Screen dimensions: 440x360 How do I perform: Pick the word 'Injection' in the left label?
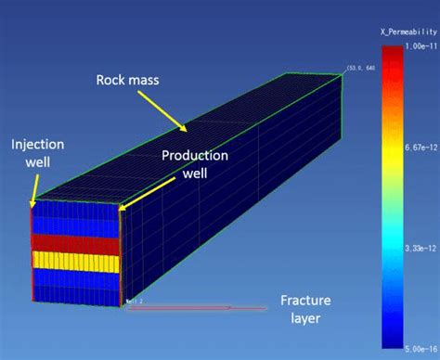[38, 145]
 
